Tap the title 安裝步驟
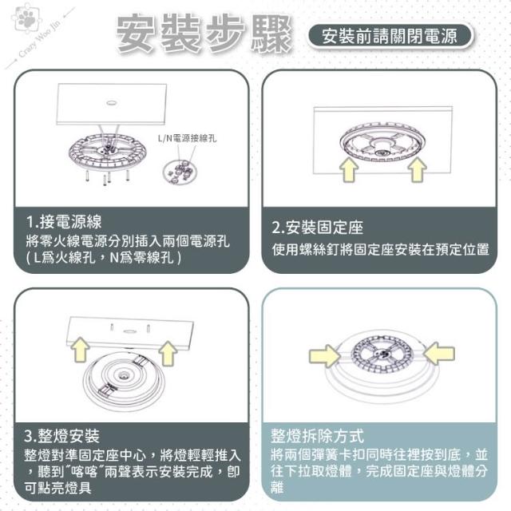(204, 34)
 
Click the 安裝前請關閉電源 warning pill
(390, 35)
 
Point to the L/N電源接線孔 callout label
(187, 138)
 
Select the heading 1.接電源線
(64, 222)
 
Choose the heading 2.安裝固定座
(318, 227)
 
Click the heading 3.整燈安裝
(61, 436)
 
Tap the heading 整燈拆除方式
(317, 436)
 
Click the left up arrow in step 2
(349, 169)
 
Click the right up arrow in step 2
(418, 169)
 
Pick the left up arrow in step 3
(80, 350)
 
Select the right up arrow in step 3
(168, 353)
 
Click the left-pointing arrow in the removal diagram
(439, 353)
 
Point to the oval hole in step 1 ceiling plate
(113, 103)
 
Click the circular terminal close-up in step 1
(180, 172)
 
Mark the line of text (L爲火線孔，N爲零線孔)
(104, 258)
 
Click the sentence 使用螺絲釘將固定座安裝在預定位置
(380, 249)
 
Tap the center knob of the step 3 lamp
(124, 374)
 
